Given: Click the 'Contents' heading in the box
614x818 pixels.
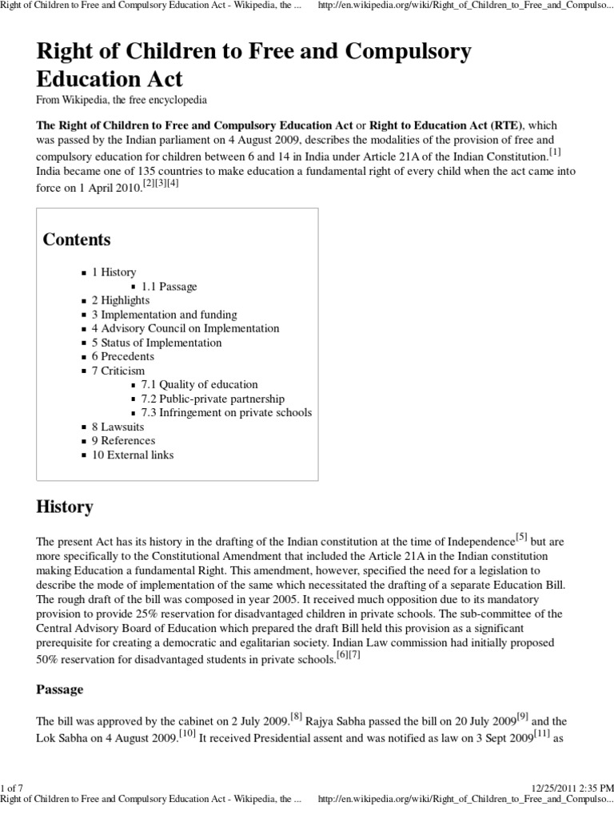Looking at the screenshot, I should [77, 240].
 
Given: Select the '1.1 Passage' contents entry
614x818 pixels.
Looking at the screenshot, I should [169, 286].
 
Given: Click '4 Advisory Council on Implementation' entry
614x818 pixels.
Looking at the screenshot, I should [185, 328].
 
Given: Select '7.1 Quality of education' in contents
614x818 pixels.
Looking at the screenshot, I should [199, 385].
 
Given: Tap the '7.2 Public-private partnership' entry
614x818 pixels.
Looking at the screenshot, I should [213, 399].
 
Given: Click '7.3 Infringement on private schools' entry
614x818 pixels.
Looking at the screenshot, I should [226, 413].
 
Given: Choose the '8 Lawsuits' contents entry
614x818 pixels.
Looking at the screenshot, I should [118, 427].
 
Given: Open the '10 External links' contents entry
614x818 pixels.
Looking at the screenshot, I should [132, 455].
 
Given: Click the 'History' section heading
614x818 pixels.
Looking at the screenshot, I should [65, 507].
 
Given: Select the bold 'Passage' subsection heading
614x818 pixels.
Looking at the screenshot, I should [60, 689].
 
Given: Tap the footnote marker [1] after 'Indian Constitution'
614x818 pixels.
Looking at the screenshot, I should [555, 151].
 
